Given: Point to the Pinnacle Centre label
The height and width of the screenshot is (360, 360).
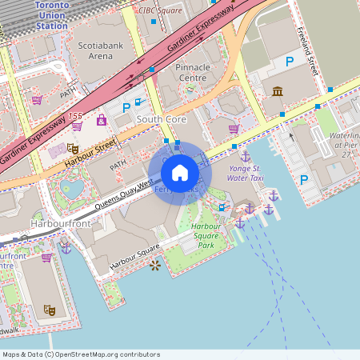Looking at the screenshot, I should point(191,74).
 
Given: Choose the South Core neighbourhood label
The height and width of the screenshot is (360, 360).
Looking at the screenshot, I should point(161,119).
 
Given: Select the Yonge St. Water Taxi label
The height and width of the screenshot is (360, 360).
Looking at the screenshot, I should point(245,174).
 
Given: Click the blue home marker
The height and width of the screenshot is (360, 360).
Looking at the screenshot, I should point(180,172).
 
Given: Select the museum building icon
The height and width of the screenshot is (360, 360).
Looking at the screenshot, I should point(278,91).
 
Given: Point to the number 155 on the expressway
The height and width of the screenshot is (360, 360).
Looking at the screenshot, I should point(75,116).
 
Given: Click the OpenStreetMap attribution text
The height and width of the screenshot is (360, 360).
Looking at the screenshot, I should point(81,354).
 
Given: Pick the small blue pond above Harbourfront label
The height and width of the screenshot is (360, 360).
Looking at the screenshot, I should point(72,188).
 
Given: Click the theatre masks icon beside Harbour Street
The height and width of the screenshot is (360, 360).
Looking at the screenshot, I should point(72,147).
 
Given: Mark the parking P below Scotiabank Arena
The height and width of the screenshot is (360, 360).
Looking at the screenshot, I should point(126,106).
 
